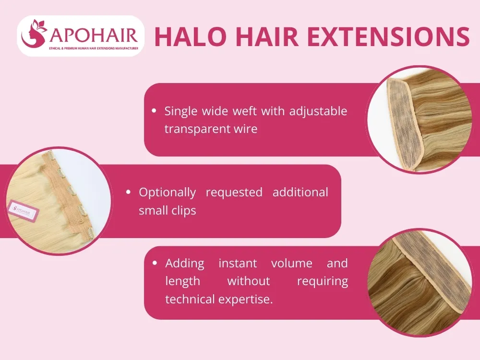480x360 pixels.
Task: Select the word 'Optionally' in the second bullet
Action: (x=167, y=192)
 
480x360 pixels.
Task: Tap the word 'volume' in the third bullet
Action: (x=291, y=264)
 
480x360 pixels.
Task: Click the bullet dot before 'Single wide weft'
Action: (x=154, y=111)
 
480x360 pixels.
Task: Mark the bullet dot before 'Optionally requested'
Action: (x=129, y=192)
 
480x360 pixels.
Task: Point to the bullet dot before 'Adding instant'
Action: (x=155, y=263)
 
